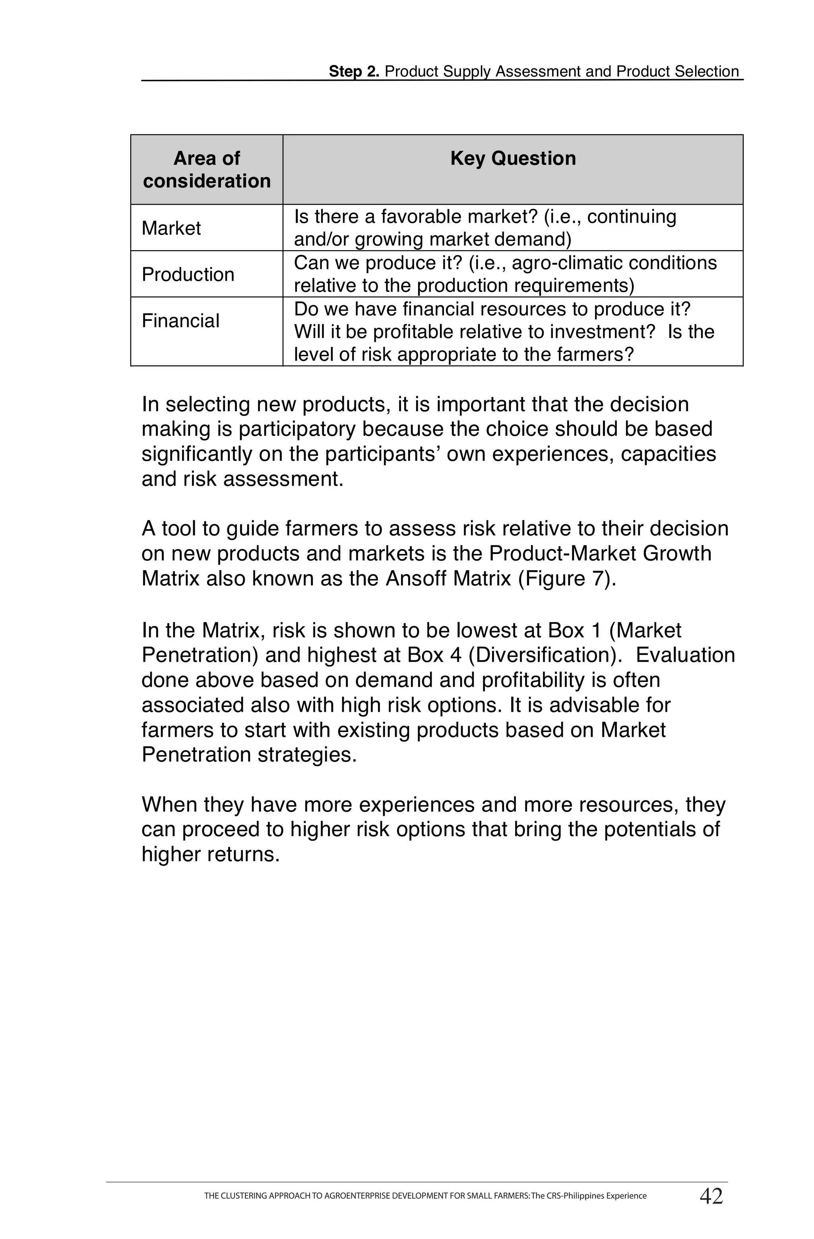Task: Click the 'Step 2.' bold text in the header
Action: (x=354, y=71)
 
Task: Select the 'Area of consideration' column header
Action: (x=207, y=169)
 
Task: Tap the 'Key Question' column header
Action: (x=513, y=158)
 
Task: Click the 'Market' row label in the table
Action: (x=171, y=228)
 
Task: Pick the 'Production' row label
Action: (x=188, y=274)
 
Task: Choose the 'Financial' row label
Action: (x=180, y=320)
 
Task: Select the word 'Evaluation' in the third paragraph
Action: (x=685, y=655)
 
